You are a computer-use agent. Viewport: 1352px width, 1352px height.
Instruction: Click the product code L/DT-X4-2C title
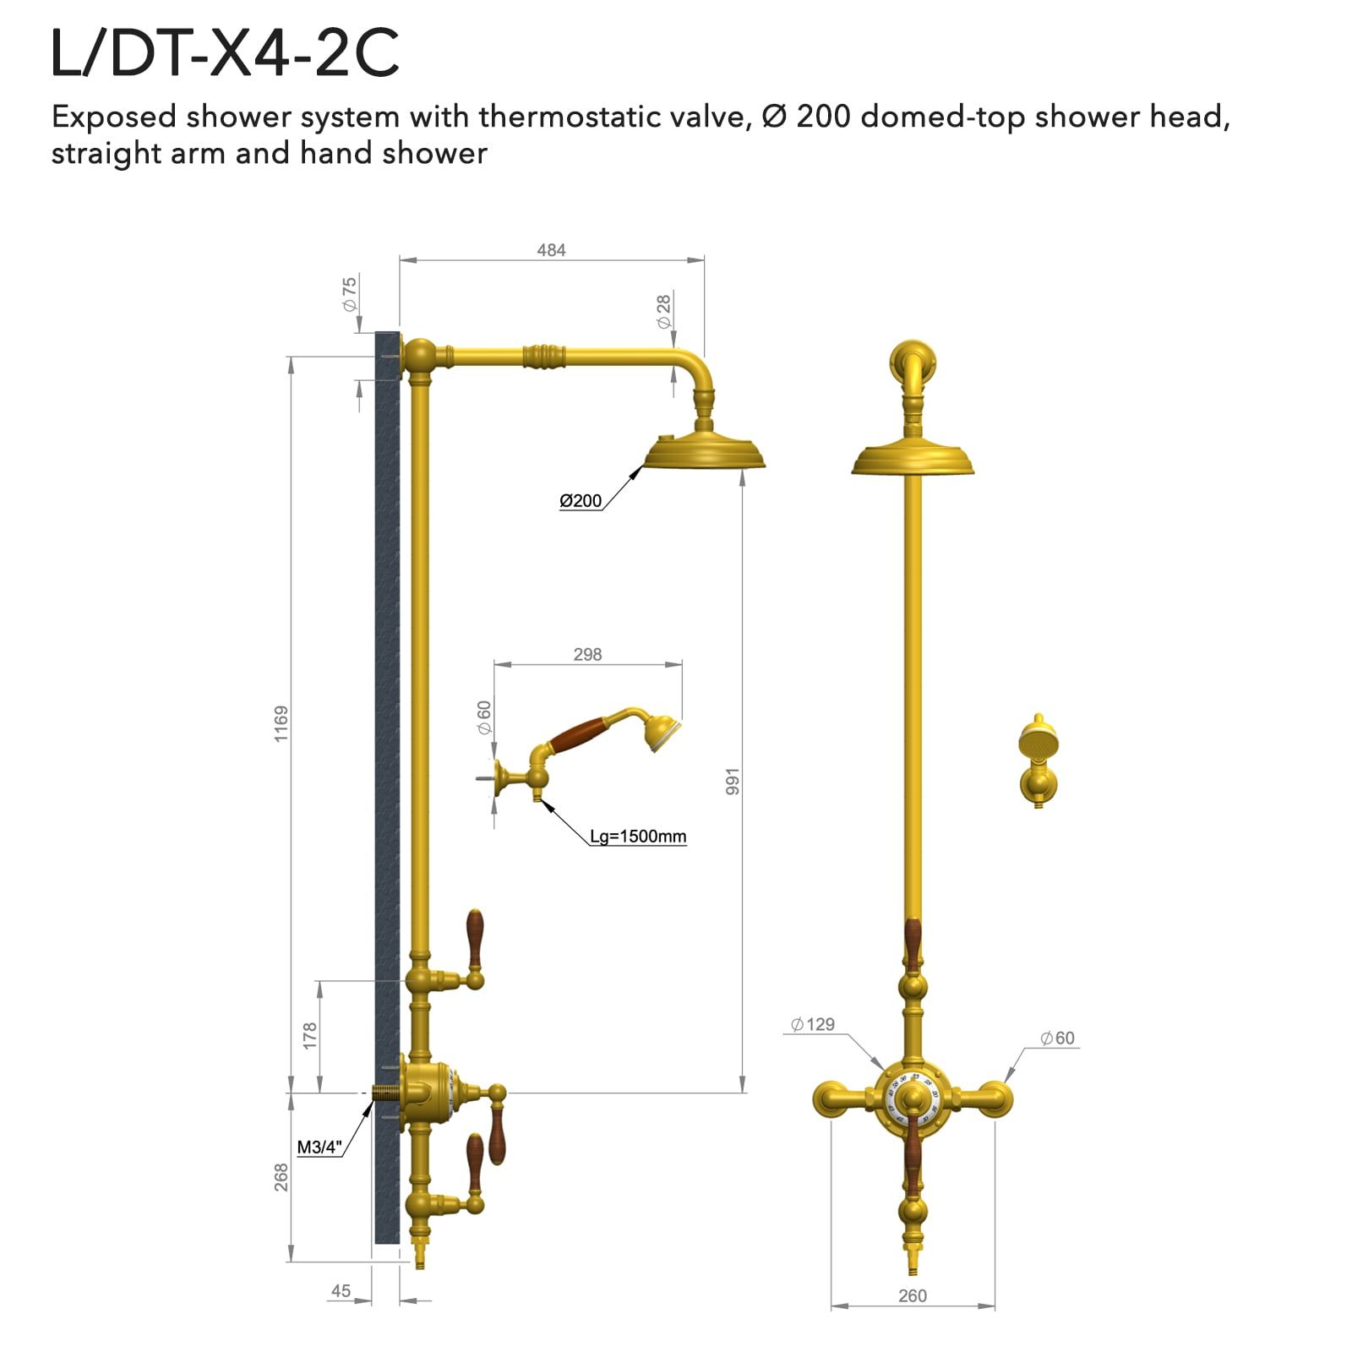pos(225,54)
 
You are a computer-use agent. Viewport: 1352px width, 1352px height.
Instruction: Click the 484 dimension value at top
pos(551,250)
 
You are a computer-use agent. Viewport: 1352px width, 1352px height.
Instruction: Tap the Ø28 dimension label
pos(664,311)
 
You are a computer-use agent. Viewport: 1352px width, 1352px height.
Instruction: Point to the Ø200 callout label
pos(581,501)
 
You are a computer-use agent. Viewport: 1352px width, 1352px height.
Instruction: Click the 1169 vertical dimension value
pos(281,724)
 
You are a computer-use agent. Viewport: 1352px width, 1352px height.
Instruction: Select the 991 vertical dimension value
pos(733,782)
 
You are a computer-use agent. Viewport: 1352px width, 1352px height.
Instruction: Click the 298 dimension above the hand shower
pos(587,654)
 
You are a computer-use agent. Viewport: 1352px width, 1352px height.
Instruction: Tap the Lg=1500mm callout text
pos(638,837)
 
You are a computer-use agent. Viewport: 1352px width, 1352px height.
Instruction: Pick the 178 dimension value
pos(310,1035)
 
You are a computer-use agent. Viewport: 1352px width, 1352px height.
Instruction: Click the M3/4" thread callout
pos(319,1148)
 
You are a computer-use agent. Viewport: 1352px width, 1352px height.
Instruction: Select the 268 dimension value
pos(281,1177)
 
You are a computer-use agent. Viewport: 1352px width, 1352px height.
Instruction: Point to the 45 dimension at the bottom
pos(341,1290)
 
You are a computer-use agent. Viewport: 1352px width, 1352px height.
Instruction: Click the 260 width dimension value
pos(913,1295)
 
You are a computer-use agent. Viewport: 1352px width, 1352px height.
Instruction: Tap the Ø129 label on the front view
pos(813,1024)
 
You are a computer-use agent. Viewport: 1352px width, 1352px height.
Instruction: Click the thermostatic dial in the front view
pos(913,1098)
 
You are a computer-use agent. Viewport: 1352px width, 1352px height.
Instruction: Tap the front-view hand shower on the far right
pos(1039,760)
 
